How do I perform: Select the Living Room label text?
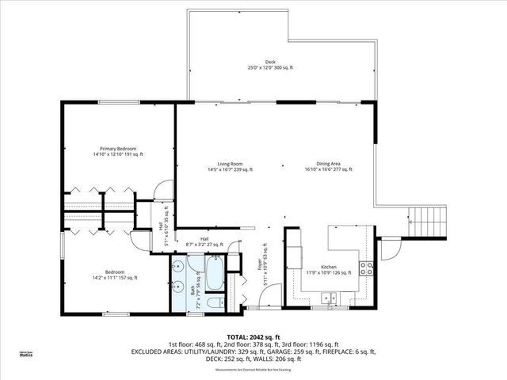coord(230,166)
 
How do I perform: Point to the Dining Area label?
coord(329,166)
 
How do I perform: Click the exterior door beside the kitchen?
coord(388,251)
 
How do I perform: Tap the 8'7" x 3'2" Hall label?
coord(204,242)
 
